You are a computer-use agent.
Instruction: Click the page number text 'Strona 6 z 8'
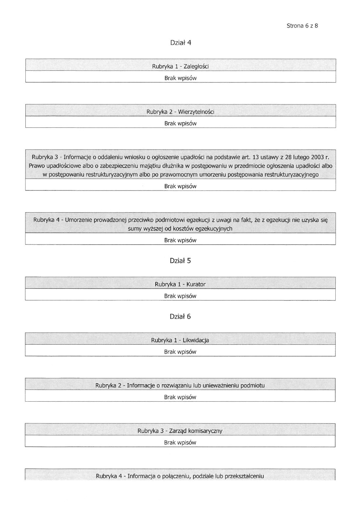pyautogui.click(x=302, y=26)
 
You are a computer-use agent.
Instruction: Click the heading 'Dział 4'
pyautogui.click(x=180, y=43)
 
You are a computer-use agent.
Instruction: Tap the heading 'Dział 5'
pyautogui.click(x=180, y=261)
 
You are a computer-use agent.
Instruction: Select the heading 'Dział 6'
pyautogui.click(x=180, y=317)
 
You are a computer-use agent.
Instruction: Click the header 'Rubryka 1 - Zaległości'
pyautogui.click(x=180, y=66)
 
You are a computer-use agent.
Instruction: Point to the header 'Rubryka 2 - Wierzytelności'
pyautogui.click(x=180, y=112)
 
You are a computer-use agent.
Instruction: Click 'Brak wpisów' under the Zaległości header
pyautogui.click(x=180, y=78)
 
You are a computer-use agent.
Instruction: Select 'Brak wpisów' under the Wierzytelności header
pyautogui.click(x=180, y=123)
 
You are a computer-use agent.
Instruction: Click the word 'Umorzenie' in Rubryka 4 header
pyautogui.click(x=79, y=220)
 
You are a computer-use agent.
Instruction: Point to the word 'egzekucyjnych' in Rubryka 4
pyautogui.click(x=213, y=229)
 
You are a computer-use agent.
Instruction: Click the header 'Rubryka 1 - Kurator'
pyautogui.click(x=180, y=284)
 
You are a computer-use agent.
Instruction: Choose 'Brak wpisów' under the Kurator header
pyautogui.click(x=180, y=296)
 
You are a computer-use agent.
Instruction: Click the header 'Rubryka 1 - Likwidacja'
pyautogui.click(x=180, y=340)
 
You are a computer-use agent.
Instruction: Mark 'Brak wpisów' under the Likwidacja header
pyautogui.click(x=180, y=352)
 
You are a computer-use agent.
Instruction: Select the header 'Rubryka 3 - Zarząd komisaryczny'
pyautogui.click(x=180, y=431)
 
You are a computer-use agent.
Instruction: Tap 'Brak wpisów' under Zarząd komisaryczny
pyautogui.click(x=180, y=443)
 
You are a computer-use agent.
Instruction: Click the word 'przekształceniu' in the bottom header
pyautogui.click(x=244, y=476)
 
